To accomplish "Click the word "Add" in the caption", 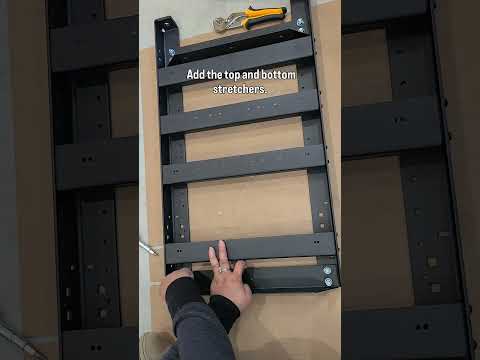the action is (x=196, y=74).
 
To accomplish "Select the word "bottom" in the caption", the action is (x=279, y=75).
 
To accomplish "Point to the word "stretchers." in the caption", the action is (x=240, y=89).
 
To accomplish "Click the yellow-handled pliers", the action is (x=251, y=18).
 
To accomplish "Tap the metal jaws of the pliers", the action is (x=224, y=24).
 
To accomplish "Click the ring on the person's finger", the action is (x=224, y=269).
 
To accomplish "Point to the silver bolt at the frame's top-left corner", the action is (x=172, y=52).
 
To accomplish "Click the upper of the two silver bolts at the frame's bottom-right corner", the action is (x=327, y=270).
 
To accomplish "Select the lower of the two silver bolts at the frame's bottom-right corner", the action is (x=329, y=282).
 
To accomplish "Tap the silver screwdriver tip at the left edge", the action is (x=148, y=249).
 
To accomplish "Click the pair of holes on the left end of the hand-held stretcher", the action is (x=179, y=250).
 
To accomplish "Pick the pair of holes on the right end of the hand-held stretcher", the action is (x=317, y=242).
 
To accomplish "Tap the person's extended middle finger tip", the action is (x=221, y=243).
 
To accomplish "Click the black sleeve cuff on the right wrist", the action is (x=224, y=312).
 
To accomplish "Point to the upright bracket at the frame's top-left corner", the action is (x=168, y=42).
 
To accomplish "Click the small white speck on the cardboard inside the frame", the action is (x=220, y=212).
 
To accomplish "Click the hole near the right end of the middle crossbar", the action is (x=307, y=154).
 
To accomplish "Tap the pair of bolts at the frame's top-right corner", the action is (x=300, y=25).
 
